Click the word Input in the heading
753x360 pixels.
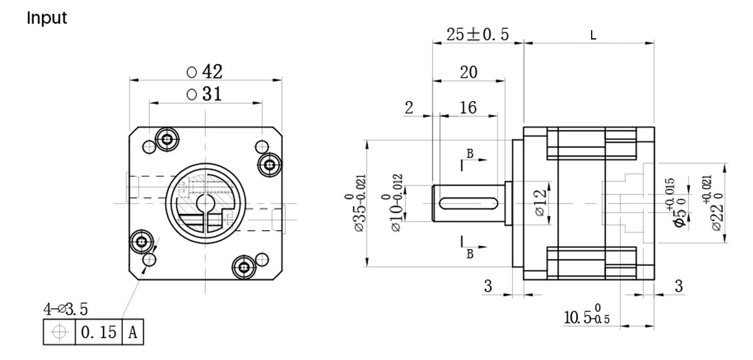pos(46,18)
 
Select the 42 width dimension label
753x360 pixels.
pos(205,71)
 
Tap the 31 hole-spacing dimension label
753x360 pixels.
pos(205,94)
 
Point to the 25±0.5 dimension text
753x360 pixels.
pos(478,34)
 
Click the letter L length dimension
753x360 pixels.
pos(594,35)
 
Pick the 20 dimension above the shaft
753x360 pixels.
pos(468,72)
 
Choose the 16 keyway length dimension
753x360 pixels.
pos(468,107)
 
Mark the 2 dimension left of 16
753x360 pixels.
pos(409,107)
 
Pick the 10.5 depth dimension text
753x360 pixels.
pos(583,317)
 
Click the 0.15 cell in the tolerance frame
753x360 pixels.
pos(99,332)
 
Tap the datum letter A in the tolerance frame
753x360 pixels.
pos(132,332)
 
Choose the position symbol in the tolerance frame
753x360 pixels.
pos(60,332)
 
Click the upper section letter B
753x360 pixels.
pos(469,153)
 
